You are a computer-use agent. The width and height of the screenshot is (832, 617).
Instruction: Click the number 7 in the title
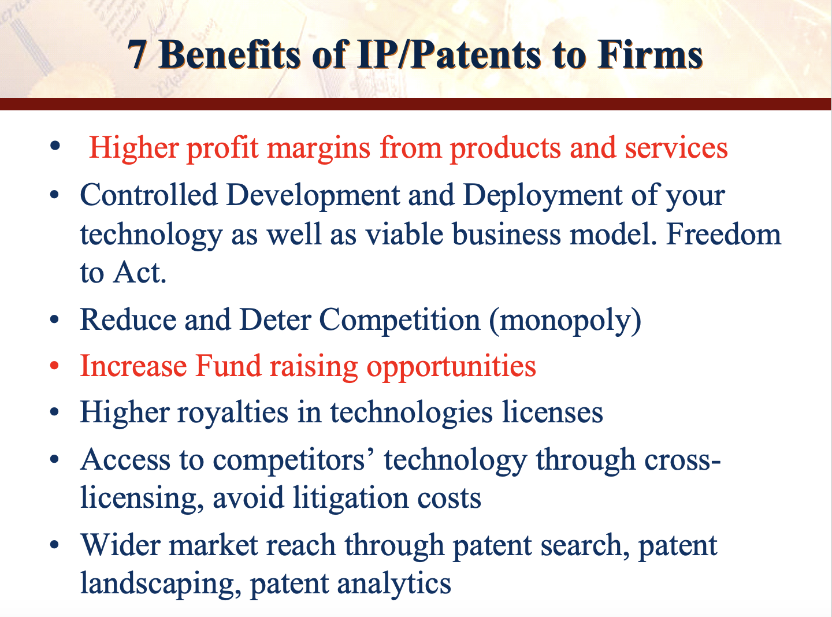[137, 55]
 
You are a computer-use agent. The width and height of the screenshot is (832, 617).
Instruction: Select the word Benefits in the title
[229, 55]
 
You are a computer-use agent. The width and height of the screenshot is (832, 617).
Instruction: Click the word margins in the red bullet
[318, 149]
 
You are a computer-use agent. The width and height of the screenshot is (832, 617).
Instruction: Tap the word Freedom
[723, 233]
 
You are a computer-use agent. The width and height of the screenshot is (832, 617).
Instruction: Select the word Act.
[140, 272]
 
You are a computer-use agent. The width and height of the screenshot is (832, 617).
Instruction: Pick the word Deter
[276, 319]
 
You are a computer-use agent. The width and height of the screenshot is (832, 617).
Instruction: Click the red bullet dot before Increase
[54, 365]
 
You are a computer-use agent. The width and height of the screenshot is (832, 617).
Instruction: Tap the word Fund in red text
[228, 366]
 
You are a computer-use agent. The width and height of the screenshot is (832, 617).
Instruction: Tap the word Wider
[120, 545]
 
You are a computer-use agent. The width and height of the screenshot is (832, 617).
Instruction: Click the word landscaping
[161, 585]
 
